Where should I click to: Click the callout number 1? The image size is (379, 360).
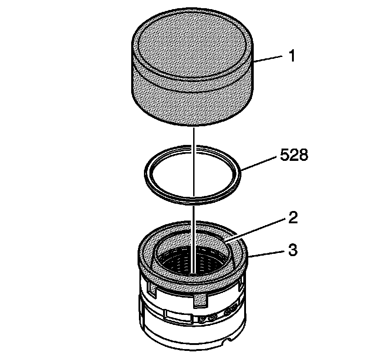point(292,56)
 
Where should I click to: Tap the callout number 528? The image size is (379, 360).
point(294,155)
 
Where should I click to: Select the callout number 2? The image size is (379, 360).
point(293,218)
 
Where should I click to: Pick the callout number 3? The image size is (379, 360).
point(293,250)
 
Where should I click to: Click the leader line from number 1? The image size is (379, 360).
point(268,59)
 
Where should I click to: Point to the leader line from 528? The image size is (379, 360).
point(259,164)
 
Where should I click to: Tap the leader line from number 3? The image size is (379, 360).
point(266,253)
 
